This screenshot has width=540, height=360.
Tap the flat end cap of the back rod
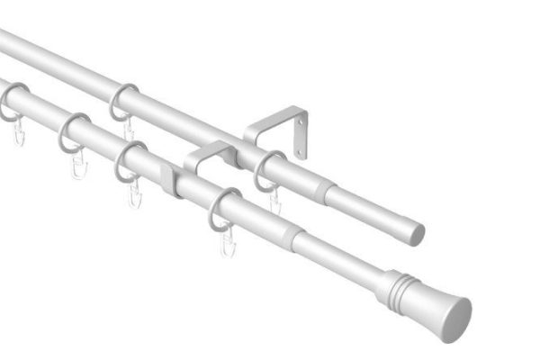(416, 234)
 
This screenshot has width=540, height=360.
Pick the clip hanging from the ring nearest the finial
(228, 241)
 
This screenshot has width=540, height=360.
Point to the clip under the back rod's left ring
(129, 130)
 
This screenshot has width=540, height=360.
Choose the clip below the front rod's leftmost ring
(18, 134)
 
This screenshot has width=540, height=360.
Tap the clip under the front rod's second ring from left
(78, 166)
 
